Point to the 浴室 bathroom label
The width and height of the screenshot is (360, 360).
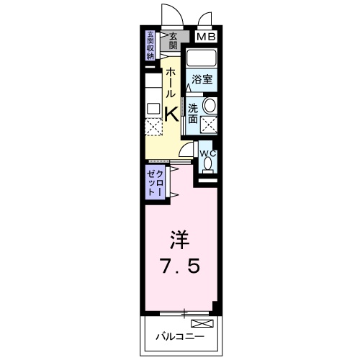click(x=202, y=81)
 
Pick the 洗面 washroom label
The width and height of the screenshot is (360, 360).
click(x=193, y=114)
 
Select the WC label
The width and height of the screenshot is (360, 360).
click(x=206, y=154)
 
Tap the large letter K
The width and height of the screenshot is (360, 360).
click(x=171, y=114)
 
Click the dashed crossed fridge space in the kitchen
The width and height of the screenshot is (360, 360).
click(x=154, y=127)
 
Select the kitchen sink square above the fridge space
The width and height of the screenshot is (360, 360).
click(x=153, y=109)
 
